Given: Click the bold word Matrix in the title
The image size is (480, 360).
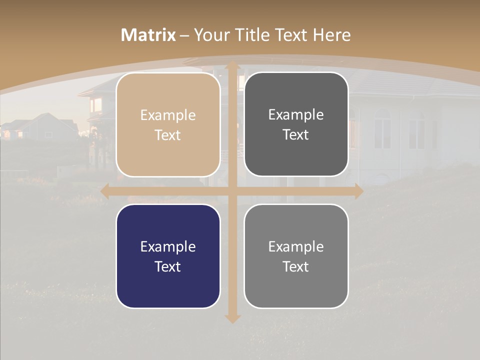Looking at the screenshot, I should tap(148, 35).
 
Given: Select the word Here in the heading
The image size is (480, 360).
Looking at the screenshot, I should tap(331, 35).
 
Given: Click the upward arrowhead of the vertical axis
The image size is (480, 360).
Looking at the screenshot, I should tap(232, 66).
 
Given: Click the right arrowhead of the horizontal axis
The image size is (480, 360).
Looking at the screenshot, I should tap(358, 191).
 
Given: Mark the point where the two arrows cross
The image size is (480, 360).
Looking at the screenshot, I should tap(232, 191).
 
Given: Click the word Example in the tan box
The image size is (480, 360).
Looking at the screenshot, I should tap(168, 115).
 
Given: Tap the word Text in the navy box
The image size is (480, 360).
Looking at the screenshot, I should tap(168, 266).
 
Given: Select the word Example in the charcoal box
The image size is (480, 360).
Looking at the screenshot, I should tap(296, 115).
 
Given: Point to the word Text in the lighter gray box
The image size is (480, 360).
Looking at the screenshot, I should tap(296, 266).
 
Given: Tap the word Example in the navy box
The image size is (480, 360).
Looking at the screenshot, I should tap(168, 247).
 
